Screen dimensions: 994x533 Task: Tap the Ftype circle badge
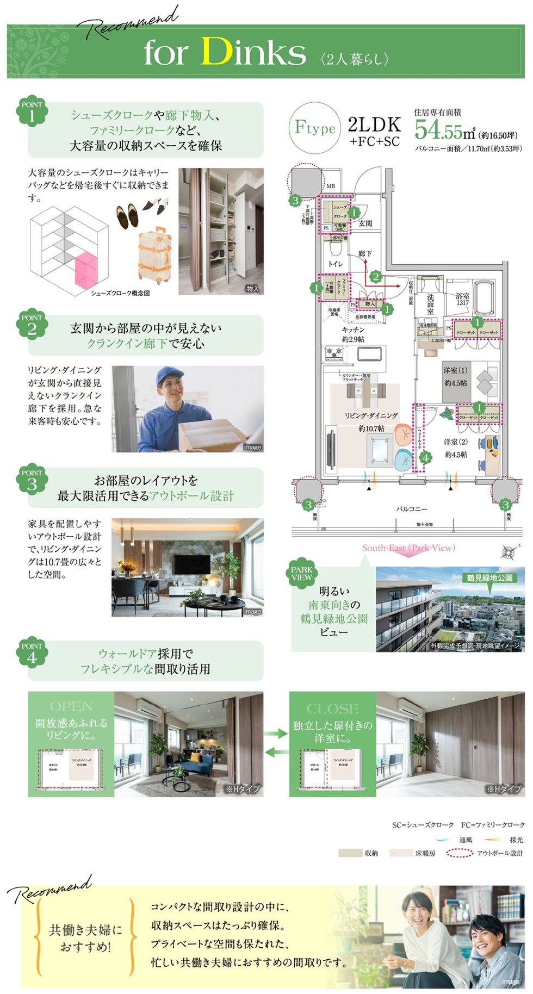click(315, 128)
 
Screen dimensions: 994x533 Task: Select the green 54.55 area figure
click(438, 130)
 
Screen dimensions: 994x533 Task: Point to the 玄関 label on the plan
click(365, 223)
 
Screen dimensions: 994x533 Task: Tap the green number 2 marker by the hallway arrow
click(375, 277)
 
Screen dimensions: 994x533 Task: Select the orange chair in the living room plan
click(405, 433)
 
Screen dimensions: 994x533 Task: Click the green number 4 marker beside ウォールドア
click(425, 457)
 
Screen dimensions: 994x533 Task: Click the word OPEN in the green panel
click(71, 706)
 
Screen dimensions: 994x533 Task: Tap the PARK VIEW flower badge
click(301, 574)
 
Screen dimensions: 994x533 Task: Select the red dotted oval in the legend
click(458, 853)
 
